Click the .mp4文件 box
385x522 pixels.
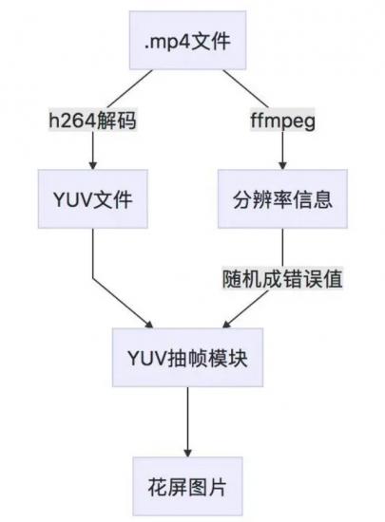click(x=187, y=40)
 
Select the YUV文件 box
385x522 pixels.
click(x=93, y=198)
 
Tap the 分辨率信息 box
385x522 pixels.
click(x=282, y=198)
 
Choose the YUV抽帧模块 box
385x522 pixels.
click(x=187, y=357)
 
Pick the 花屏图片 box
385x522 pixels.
click(x=187, y=486)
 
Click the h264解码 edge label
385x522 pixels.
click(x=93, y=120)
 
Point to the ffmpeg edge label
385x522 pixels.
click(x=282, y=120)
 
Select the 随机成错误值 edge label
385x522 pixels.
click(x=282, y=278)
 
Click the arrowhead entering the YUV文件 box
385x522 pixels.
click(x=93, y=165)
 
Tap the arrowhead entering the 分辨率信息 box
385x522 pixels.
click(x=282, y=165)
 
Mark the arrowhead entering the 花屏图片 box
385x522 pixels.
click(x=187, y=453)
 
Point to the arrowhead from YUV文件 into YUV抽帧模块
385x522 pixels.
click(x=148, y=325)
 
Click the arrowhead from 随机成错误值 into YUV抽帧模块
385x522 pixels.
click(x=226, y=325)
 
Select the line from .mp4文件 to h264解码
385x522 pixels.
click(x=130, y=89)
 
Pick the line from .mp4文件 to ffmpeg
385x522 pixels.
click(x=245, y=89)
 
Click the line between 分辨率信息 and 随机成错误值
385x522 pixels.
click(x=282, y=248)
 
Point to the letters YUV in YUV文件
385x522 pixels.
click(x=72, y=199)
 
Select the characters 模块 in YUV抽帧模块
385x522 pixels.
click(x=227, y=358)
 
